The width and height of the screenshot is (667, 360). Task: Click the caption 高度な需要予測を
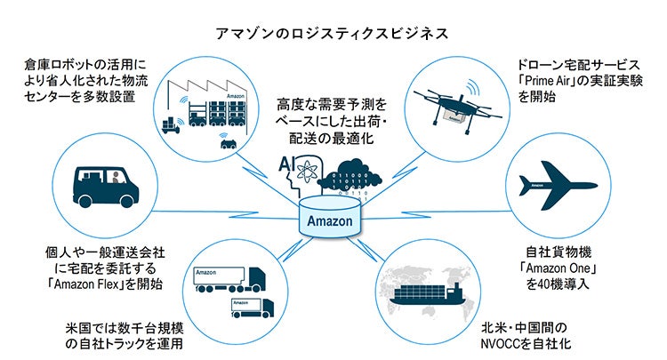click(332, 104)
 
